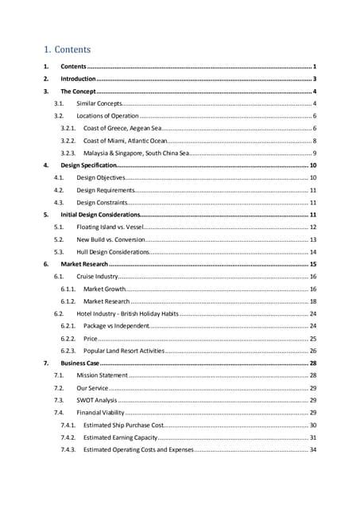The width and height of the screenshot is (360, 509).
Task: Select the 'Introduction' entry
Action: [79, 80]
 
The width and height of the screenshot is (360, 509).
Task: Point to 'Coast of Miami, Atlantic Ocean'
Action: [126, 141]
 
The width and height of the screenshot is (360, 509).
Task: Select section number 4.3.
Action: [59, 202]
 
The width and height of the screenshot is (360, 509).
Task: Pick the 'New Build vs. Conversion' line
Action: [110, 239]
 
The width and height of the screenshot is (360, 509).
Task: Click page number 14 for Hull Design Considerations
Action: [313, 251]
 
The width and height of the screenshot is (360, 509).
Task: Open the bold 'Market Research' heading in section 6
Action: [83, 263]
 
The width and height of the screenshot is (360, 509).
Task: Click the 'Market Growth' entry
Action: [104, 289]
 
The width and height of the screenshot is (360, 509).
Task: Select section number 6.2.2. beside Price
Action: [68, 338]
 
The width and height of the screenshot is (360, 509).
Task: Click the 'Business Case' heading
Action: [80, 363]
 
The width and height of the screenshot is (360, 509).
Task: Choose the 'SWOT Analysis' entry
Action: [97, 400]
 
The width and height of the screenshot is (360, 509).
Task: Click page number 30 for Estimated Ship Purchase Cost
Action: [313, 425]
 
